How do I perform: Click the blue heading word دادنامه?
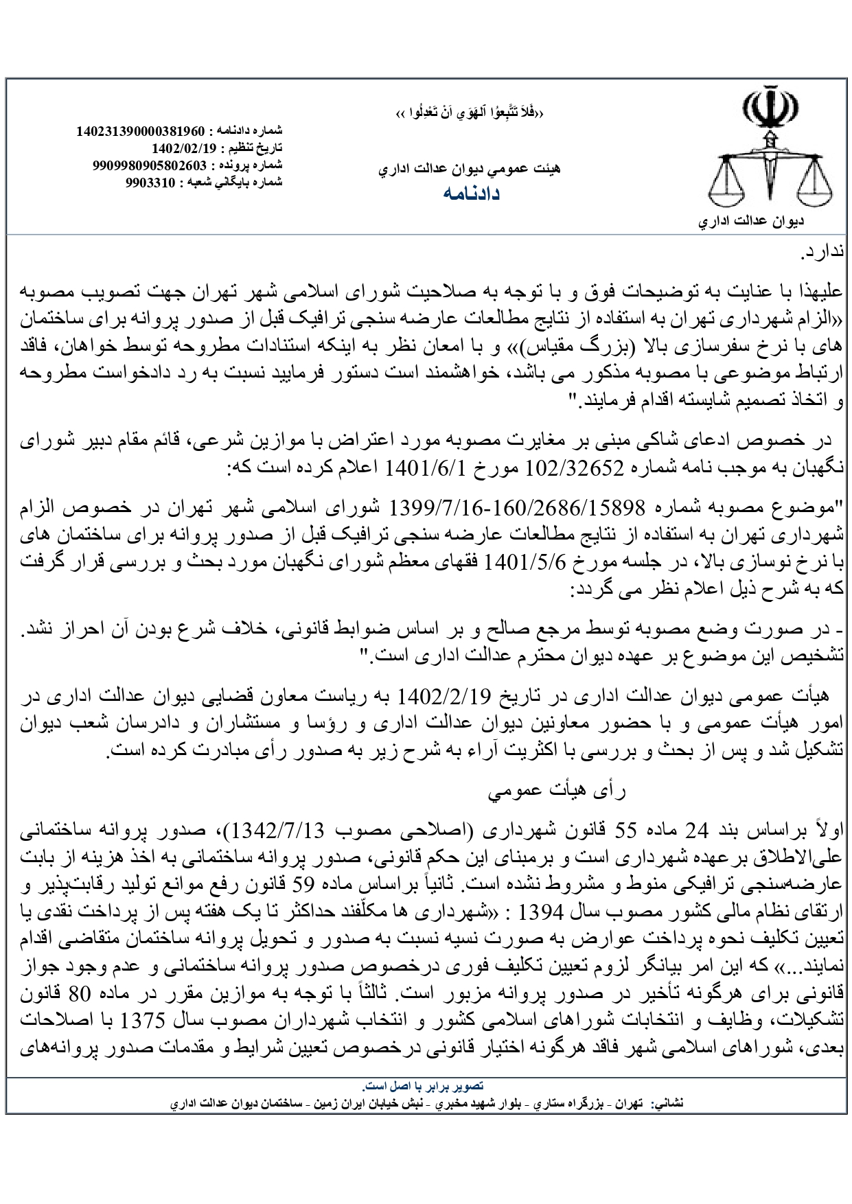(471, 194)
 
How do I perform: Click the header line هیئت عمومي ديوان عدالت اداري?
(470, 167)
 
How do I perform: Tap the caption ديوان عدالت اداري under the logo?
(751, 222)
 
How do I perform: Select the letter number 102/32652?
(575, 467)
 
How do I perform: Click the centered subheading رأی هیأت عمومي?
(557, 791)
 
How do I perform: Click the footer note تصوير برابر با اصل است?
(424, 1086)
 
